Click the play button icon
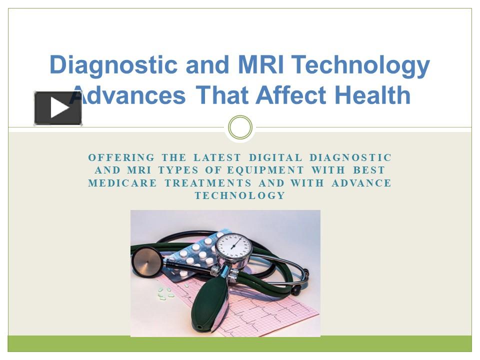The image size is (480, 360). click(x=58, y=108)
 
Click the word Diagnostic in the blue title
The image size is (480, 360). click(x=113, y=65)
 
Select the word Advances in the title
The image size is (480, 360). click(x=131, y=95)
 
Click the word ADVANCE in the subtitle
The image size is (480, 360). click(x=361, y=183)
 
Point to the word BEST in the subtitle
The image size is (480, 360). click(x=369, y=170)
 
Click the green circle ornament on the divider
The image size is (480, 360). click(x=240, y=127)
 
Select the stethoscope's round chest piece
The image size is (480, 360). click(x=146, y=261)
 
